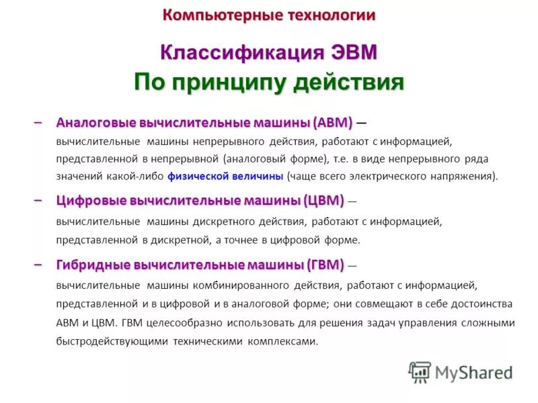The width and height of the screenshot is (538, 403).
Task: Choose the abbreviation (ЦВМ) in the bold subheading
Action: pyautogui.click(x=324, y=200)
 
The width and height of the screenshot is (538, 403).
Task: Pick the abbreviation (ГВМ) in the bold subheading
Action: pyautogui.click(x=323, y=265)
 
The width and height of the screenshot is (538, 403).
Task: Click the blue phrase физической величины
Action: pyautogui.click(x=225, y=177)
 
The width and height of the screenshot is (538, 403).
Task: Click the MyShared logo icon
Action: pyautogui.click(x=420, y=371)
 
